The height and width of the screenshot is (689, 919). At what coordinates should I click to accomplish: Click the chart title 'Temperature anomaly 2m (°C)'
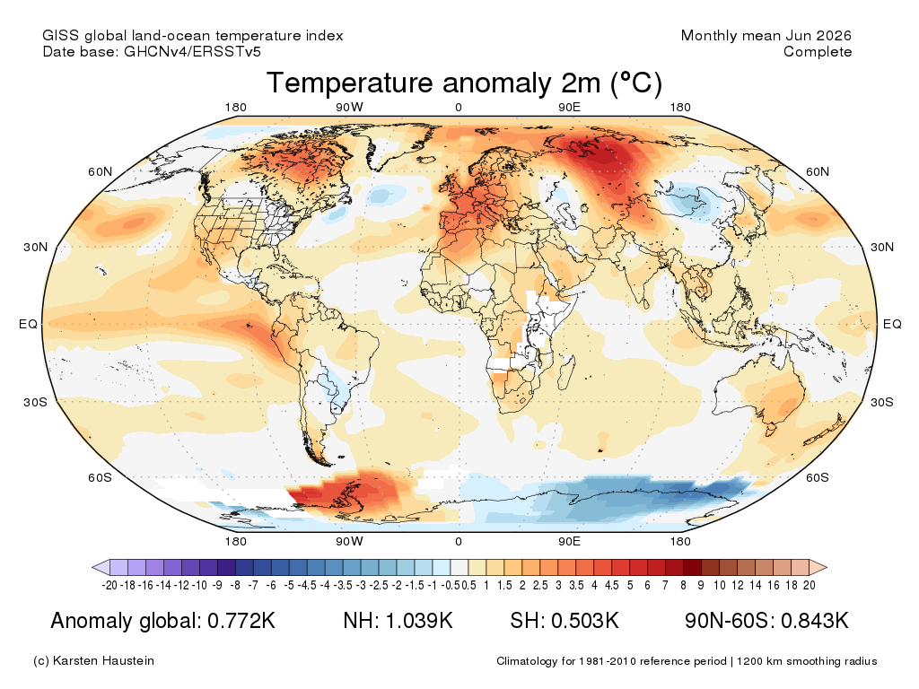(464, 83)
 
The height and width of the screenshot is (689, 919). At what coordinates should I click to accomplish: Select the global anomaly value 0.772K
(241, 621)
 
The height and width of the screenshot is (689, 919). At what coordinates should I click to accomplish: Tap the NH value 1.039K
(418, 621)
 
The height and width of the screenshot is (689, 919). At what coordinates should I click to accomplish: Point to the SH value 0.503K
(584, 621)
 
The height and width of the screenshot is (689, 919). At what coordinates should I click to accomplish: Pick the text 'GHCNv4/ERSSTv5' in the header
(192, 51)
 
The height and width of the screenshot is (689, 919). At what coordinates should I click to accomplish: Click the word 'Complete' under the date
(818, 51)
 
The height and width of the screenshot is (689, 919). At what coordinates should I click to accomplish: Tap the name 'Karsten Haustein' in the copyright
(103, 660)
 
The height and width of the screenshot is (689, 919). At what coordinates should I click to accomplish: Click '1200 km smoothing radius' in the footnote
(807, 661)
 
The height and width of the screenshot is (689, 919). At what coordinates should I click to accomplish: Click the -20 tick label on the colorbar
(109, 585)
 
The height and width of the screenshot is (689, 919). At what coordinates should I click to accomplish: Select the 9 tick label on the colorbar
(701, 585)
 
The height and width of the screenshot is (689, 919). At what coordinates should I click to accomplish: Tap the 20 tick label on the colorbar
(810, 585)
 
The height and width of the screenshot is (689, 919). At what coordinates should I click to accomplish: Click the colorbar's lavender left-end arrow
(101, 567)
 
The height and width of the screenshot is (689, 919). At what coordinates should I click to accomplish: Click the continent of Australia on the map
(762, 393)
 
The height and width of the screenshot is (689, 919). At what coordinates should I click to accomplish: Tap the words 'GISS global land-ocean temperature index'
(193, 36)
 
